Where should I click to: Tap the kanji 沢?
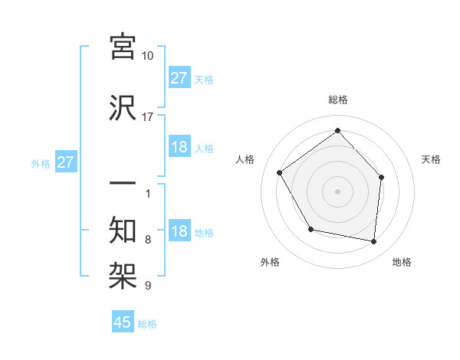123,107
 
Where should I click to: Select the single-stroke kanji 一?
123,185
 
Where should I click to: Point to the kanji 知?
123,230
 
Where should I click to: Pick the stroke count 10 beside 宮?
147,56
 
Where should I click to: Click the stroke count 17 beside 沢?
147,117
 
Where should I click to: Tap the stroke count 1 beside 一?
147,193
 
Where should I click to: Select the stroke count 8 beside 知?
147,240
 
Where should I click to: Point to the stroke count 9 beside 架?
147,286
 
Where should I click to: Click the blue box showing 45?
123,322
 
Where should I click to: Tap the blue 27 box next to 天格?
179,78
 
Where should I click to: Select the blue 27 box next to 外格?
66,162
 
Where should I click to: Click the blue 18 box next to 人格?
179,147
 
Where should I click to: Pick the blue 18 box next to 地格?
179,232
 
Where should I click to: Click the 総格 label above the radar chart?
337,100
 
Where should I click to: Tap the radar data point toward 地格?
374,242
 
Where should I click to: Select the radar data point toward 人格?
280,173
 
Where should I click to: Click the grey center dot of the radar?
337,191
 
